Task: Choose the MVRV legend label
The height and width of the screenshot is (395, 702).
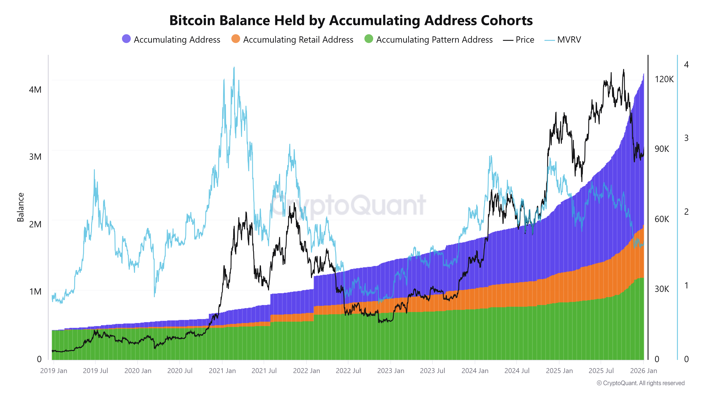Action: coord(569,40)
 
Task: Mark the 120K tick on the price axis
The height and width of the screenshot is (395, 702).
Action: coord(664,79)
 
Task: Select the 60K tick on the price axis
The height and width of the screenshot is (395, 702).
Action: coord(662,219)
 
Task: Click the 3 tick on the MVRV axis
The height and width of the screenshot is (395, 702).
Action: coord(686,138)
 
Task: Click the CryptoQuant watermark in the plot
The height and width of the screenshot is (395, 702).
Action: coord(348,205)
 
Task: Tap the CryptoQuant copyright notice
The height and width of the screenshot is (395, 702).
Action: coord(640,383)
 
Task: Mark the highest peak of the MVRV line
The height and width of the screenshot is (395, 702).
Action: coord(234,68)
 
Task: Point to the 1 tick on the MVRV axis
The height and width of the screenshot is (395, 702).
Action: coord(686,285)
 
